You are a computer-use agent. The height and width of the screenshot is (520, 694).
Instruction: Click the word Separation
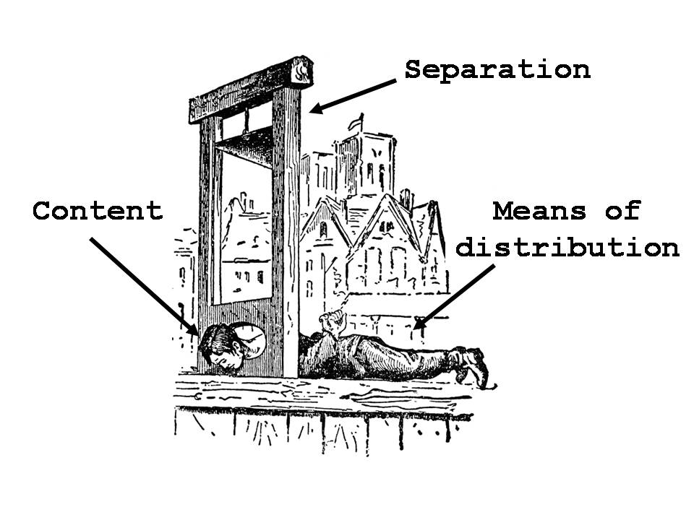[x=497, y=70]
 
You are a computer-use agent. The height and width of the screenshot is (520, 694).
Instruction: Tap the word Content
[x=98, y=212]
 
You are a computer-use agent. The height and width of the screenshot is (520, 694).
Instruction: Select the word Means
[x=539, y=212]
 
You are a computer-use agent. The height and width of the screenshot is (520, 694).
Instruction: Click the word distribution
[x=567, y=248]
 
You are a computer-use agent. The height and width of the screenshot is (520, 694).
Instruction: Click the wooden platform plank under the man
[x=325, y=394]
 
